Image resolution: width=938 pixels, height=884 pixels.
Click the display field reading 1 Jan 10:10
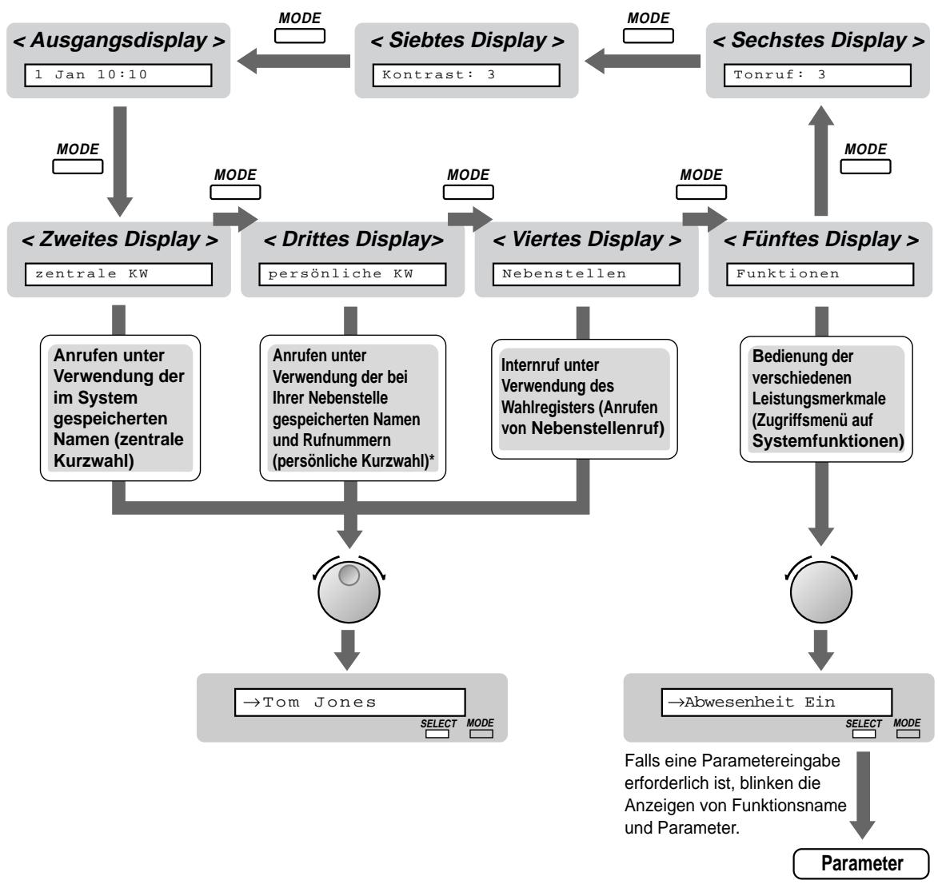point(114,77)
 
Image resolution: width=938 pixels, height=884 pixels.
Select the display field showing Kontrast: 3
point(466,77)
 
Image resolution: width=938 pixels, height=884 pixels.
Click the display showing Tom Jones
point(349,703)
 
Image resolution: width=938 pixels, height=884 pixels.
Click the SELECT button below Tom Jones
point(437,733)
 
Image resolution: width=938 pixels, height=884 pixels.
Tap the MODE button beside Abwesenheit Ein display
point(907,733)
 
